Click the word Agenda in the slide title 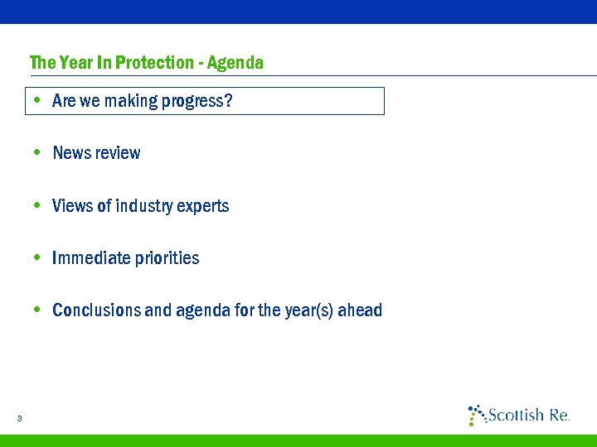[x=235, y=63]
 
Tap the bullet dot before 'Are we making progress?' [x=37, y=101]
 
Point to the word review [x=118, y=153]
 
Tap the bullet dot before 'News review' [x=37, y=153]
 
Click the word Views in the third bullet [x=72, y=205]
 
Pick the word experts [x=204, y=205]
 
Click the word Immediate [x=89, y=258]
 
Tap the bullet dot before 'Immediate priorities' [x=37, y=257]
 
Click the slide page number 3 [x=18, y=418]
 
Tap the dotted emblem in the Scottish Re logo [x=476, y=415]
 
